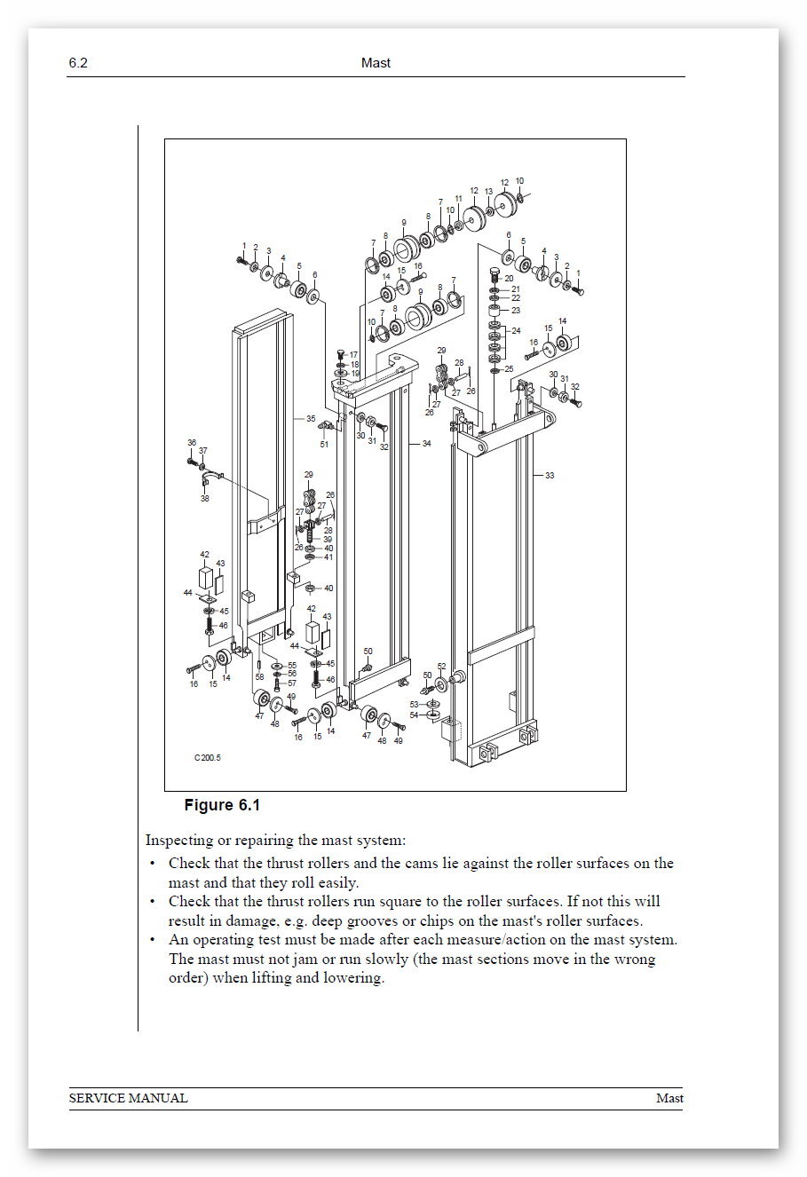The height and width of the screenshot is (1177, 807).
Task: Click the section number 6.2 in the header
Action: (77, 63)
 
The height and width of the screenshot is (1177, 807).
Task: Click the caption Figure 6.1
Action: (221, 806)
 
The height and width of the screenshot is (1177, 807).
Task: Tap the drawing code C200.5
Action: (207, 758)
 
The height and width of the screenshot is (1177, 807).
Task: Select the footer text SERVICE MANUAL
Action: (129, 1098)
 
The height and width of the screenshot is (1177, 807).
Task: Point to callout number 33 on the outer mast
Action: (550, 476)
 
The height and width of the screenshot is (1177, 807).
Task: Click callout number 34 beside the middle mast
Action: (426, 443)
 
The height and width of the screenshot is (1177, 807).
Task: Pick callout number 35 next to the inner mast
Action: (311, 418)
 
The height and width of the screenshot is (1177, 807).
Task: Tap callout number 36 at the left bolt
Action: (191, 442)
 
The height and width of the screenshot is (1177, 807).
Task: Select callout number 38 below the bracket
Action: (205, 498)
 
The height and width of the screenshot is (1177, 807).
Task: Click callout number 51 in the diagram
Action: (324, 445)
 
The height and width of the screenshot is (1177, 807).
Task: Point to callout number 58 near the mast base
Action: (260, 677)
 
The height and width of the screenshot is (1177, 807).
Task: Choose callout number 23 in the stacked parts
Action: (516, 311)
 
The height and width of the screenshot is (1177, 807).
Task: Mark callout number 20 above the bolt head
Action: (509, 278)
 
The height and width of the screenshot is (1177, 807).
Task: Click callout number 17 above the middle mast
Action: (353, 354)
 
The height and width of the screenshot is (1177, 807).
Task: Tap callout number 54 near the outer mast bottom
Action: (414, 715)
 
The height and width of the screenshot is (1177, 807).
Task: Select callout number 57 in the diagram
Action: (291, 683)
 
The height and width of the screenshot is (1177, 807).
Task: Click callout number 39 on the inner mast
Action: (328, 539)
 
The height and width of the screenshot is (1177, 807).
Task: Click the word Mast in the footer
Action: (669, 1098)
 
